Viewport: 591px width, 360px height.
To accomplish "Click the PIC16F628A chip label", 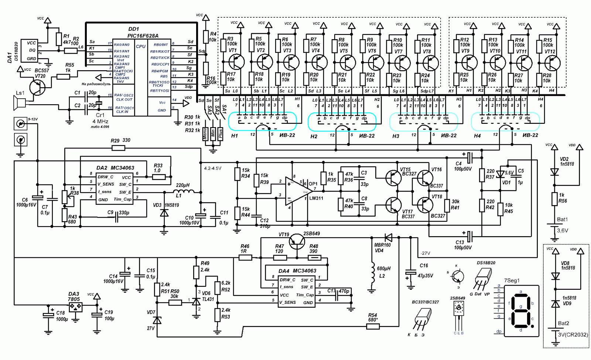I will tap(143, 36).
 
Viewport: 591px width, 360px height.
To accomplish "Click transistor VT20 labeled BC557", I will tap(37, 87).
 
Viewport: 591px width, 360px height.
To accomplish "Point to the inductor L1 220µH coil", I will tap(184, 191).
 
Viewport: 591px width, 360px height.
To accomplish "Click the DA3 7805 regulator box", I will tap(75, 307).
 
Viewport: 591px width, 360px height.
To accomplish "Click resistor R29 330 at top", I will tap(118, 148).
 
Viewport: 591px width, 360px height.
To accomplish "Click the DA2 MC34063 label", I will tap(116, 168).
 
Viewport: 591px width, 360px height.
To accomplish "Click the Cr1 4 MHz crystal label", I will tap(100, 118).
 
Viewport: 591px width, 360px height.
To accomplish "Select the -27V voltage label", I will tap(425, 253).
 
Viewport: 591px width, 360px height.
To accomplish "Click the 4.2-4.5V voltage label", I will tap(213, 168).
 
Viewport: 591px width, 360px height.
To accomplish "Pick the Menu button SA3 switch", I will tap(205, 133).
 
